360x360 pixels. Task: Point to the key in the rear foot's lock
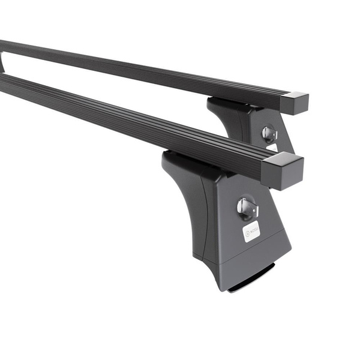coord(268,134)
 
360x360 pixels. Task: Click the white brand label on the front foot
coord(251,231)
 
